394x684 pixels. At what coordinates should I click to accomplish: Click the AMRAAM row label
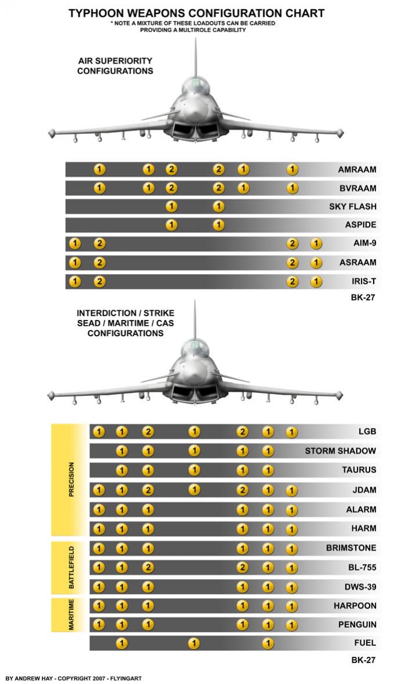coord(357,169)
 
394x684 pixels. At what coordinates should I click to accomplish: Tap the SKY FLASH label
coord(352,206)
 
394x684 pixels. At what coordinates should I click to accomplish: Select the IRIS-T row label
coord(363,281)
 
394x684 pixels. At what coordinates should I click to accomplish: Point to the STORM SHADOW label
coord(340,450)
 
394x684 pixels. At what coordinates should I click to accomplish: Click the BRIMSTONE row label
coord(351,548)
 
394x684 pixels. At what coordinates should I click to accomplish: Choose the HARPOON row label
coord(355,606)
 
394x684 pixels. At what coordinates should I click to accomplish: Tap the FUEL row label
coord(365,643)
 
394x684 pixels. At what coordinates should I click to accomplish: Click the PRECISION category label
coord(71,479)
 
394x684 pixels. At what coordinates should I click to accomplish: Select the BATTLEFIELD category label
coord(71,567)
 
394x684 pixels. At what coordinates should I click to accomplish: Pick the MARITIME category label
coord(71,614)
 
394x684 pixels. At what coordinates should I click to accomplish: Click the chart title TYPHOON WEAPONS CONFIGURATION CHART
coord(197,13)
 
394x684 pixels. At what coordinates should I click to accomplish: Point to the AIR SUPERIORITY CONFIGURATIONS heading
coord(115,66)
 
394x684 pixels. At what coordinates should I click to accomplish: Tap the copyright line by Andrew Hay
coord(73,678)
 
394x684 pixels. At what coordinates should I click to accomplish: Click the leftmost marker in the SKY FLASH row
coord(171,206)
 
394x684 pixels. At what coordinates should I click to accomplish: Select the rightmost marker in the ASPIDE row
coord(218,225)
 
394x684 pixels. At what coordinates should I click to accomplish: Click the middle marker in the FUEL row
coord(194,643)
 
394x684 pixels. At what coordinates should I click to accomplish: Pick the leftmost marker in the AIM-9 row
coord(75,243)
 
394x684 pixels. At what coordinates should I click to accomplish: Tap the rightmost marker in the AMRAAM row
coord(292,169)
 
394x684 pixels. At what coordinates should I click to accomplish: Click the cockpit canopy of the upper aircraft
coord(195,83)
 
